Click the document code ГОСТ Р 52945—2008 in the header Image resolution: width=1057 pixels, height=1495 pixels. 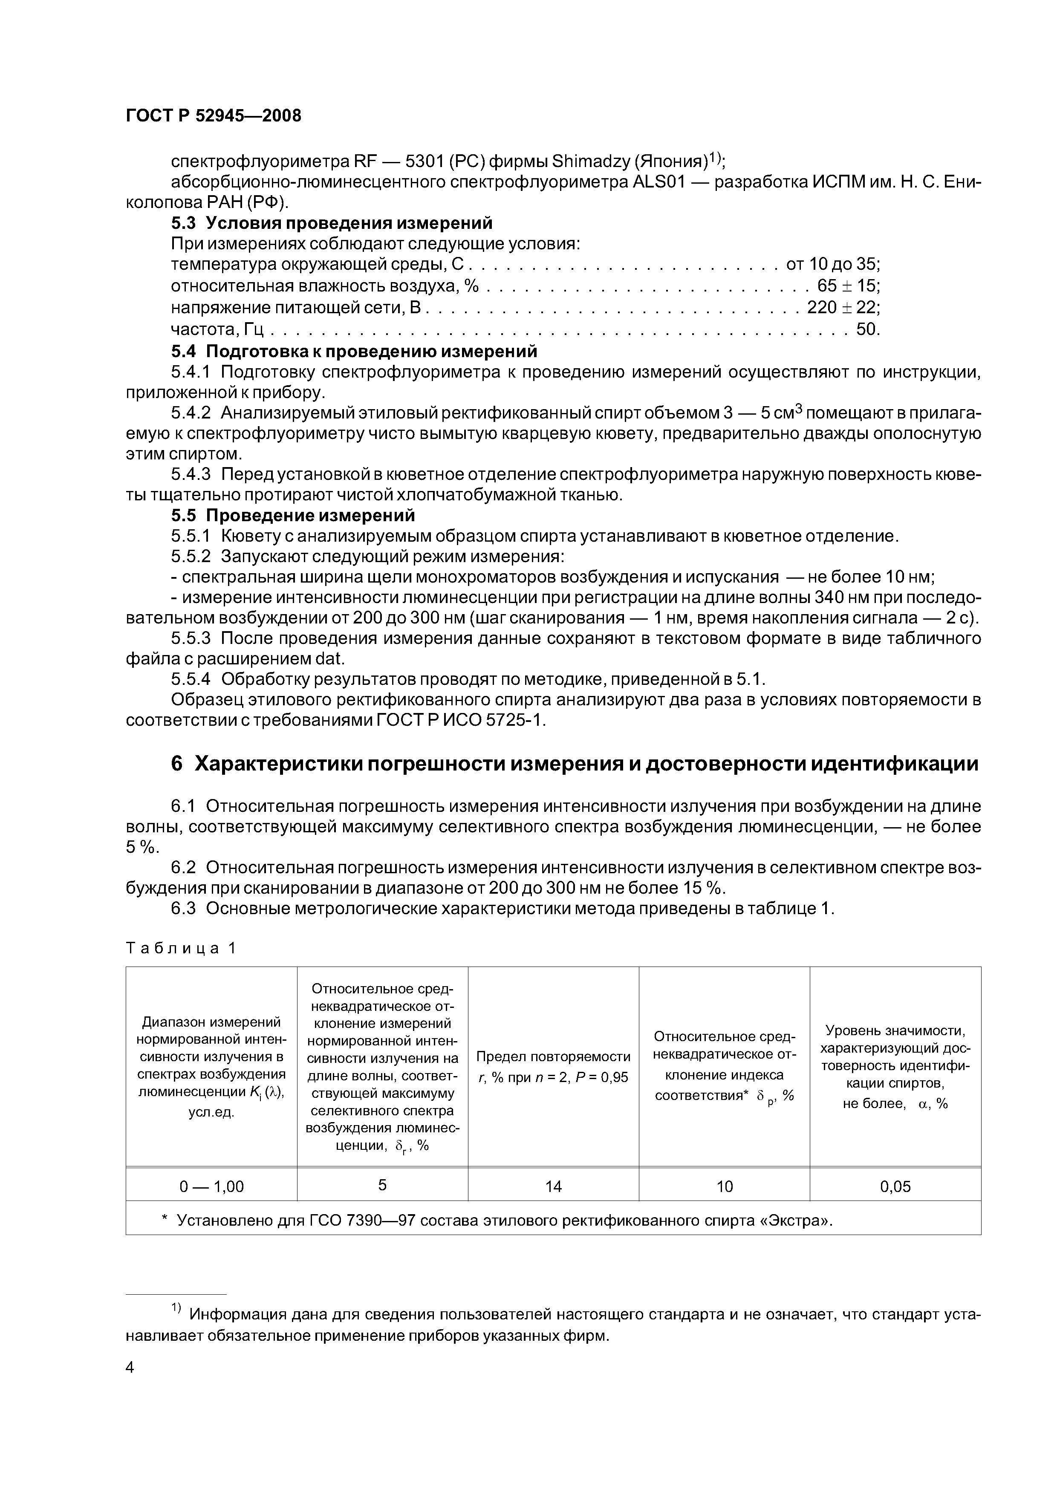pyautogui.click(x=214, y=116)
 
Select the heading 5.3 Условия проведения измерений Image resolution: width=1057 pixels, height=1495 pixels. pyautogui.click(x=332, y=223)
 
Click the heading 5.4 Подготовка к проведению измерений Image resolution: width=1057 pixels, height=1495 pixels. pyautogui.click(x=354, y=352)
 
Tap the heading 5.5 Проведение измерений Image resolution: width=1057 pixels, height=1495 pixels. pyautogui.click(x=292, y=516)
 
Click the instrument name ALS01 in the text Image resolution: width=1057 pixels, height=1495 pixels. pyautogui.click(x=658, y=182)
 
